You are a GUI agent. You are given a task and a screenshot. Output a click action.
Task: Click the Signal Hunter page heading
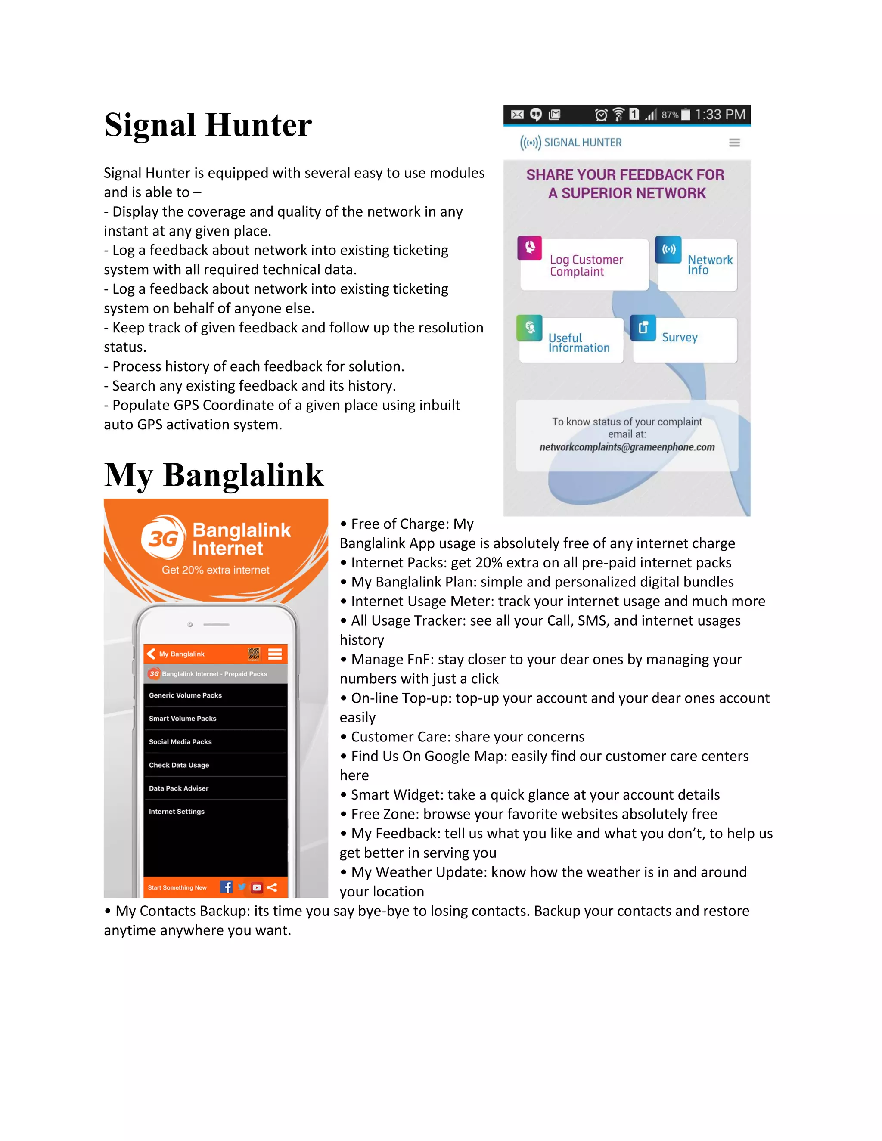coord(208,125)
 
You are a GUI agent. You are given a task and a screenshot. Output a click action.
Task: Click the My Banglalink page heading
coord(213,475)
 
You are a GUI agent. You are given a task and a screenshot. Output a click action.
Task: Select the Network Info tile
coord(698,265)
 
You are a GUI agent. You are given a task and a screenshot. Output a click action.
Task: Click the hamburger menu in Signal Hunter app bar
coord(734,143)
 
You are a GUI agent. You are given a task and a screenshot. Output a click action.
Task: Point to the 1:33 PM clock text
coord(720,115)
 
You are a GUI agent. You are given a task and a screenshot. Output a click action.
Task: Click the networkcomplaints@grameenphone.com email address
coord(627,447)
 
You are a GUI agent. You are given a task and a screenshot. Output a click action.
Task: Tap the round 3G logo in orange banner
coord(164,538)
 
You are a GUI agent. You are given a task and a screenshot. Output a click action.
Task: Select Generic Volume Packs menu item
coord(186,695)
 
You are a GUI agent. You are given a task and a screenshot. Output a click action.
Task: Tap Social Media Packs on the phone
coord(180,742)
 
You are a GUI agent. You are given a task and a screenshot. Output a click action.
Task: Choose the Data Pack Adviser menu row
coord(179,788)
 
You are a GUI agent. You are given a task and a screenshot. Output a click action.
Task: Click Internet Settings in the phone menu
coord(177,811)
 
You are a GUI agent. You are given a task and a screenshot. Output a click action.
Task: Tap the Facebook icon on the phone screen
coord(226,887)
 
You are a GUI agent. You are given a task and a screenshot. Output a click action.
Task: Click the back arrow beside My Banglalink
coord(152,654)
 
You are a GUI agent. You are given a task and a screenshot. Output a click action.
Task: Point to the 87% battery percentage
coord(669,115)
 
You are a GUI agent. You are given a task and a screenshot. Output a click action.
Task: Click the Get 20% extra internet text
coord(215,570)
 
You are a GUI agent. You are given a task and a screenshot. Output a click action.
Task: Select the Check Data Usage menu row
coord(179,765)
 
